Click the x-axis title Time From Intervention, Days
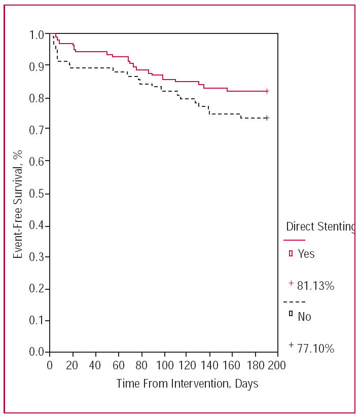click(187, 384)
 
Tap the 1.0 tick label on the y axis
click(38, 34)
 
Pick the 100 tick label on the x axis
click(163, 366)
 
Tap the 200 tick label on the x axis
click(277, 366)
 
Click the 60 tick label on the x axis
click(118, 366)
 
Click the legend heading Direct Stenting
click(321, 226)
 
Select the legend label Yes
click(306, 254)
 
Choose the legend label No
click(304, 317)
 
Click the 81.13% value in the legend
click(315, 286)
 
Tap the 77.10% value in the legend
click(315, 349)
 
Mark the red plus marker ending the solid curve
click(267, 91)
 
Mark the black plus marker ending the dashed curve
click(267, 118)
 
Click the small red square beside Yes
click(291, 253)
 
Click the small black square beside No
click(291, 314)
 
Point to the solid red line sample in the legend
click(294, 240)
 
